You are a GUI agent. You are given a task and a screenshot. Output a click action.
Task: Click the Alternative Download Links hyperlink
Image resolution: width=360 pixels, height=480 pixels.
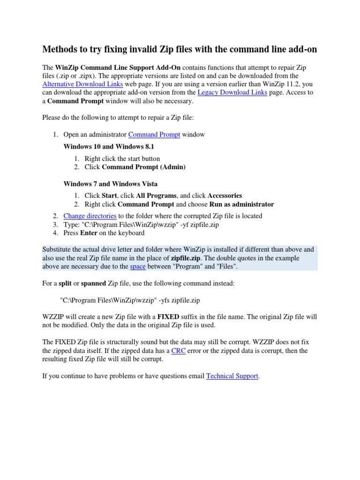82,84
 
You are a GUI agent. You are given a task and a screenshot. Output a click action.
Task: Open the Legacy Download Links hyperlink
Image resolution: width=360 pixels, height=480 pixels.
232,93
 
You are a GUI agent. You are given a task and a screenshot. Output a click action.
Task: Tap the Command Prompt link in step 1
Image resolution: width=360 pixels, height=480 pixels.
154,135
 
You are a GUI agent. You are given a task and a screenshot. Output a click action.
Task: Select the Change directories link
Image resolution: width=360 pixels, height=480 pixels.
90,216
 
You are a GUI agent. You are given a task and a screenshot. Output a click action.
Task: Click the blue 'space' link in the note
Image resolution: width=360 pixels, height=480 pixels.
137,266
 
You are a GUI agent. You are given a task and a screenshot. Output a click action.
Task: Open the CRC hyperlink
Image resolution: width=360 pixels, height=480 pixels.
178,351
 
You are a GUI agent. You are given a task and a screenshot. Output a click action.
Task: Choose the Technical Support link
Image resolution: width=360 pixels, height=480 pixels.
232,376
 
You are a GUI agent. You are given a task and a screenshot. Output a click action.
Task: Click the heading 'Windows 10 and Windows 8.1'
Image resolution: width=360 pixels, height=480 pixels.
102,147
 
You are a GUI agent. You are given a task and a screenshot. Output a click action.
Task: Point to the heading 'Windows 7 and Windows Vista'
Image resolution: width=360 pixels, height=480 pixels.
110,183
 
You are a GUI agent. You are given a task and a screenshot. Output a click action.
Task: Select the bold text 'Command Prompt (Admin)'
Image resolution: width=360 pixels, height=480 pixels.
143,167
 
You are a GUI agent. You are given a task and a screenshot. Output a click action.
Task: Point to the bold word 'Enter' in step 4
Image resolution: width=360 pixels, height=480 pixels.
89,232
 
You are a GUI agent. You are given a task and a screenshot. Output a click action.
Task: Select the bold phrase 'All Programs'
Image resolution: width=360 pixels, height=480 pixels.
156,195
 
